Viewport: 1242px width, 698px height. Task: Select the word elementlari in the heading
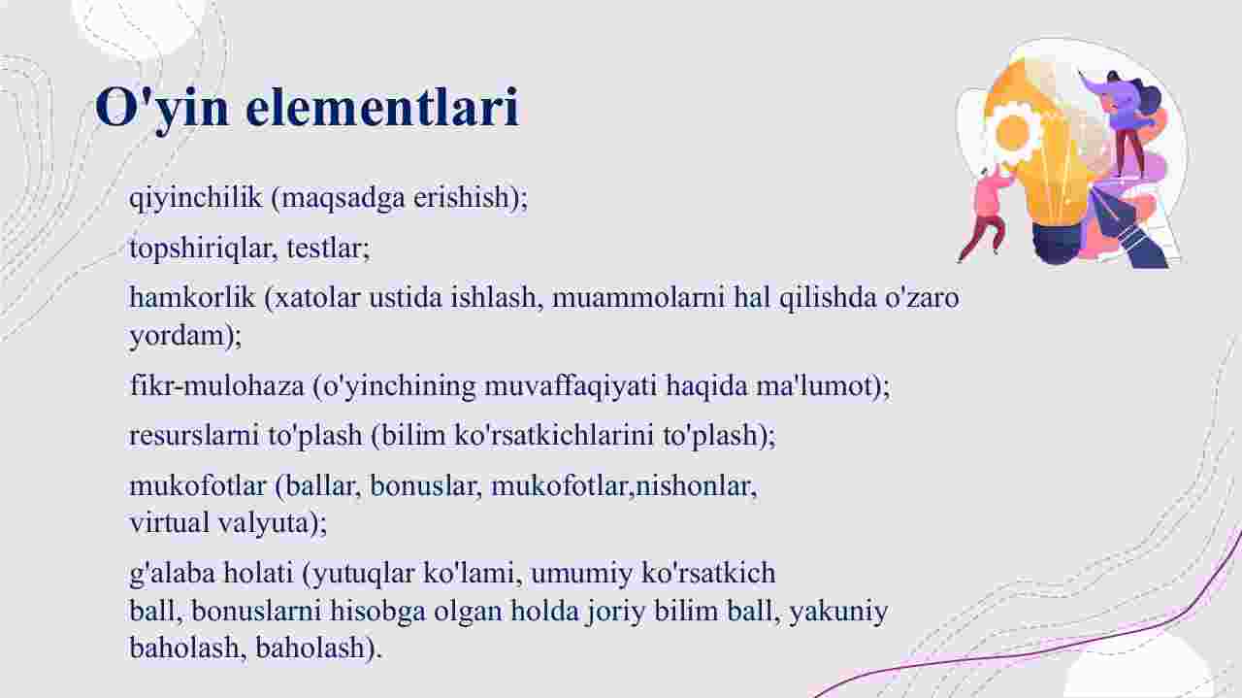(382, 107)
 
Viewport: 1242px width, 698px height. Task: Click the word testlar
(328, 248)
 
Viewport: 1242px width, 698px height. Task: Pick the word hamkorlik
(192, 297)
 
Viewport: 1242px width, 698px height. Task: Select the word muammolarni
(637, 298)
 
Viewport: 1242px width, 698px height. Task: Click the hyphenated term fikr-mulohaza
(216, 385)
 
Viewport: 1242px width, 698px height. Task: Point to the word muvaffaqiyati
(571, 386)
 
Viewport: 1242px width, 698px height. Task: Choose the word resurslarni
(194, 435)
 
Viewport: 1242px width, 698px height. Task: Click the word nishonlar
(696, 486)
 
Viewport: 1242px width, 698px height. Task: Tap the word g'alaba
(172, 574)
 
